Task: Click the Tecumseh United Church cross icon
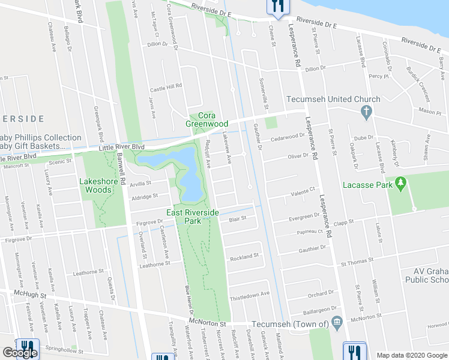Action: point(366,111)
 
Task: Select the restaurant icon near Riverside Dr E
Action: point(277,6)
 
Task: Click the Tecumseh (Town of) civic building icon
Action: point(336,323)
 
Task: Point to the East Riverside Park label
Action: point(193,217)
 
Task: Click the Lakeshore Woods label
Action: point(95,185)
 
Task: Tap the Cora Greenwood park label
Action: point(206,120)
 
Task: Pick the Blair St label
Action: point(238,219)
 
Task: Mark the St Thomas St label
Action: point(357,262)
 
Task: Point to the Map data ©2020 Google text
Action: point(411,355)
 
